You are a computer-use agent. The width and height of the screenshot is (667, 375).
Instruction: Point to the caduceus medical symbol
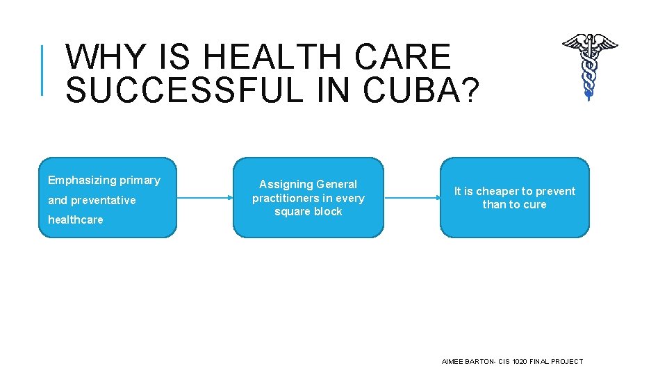[589, 65]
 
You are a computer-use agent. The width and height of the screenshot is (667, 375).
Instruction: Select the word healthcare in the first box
[75, 219]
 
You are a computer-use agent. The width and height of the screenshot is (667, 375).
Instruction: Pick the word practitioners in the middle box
[283, 198]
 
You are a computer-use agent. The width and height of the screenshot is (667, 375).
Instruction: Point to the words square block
[308, 211]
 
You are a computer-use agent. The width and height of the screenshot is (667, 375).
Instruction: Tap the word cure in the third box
[535, 204]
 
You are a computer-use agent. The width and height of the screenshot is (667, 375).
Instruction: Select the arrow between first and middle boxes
[205, 198]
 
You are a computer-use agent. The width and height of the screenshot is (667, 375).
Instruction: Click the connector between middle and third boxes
[411, 198]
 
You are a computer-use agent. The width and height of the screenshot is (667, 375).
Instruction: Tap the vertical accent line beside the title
[43, 69]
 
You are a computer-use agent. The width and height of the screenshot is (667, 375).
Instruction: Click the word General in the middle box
[336, 184]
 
